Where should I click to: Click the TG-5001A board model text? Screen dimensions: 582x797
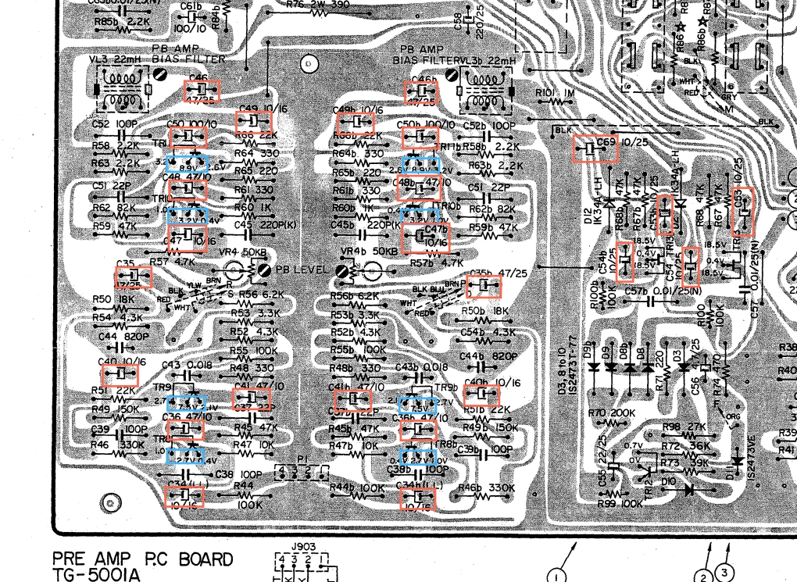click(x=98, y=574)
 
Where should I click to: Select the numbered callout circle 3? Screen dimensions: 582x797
click(x=724, y=573)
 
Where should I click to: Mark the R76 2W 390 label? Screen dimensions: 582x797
click(x=305, y=5)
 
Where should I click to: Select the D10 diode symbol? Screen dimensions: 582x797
click(x=688, y=490)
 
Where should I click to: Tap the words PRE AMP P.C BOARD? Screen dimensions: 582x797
click(x=142, y=559)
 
